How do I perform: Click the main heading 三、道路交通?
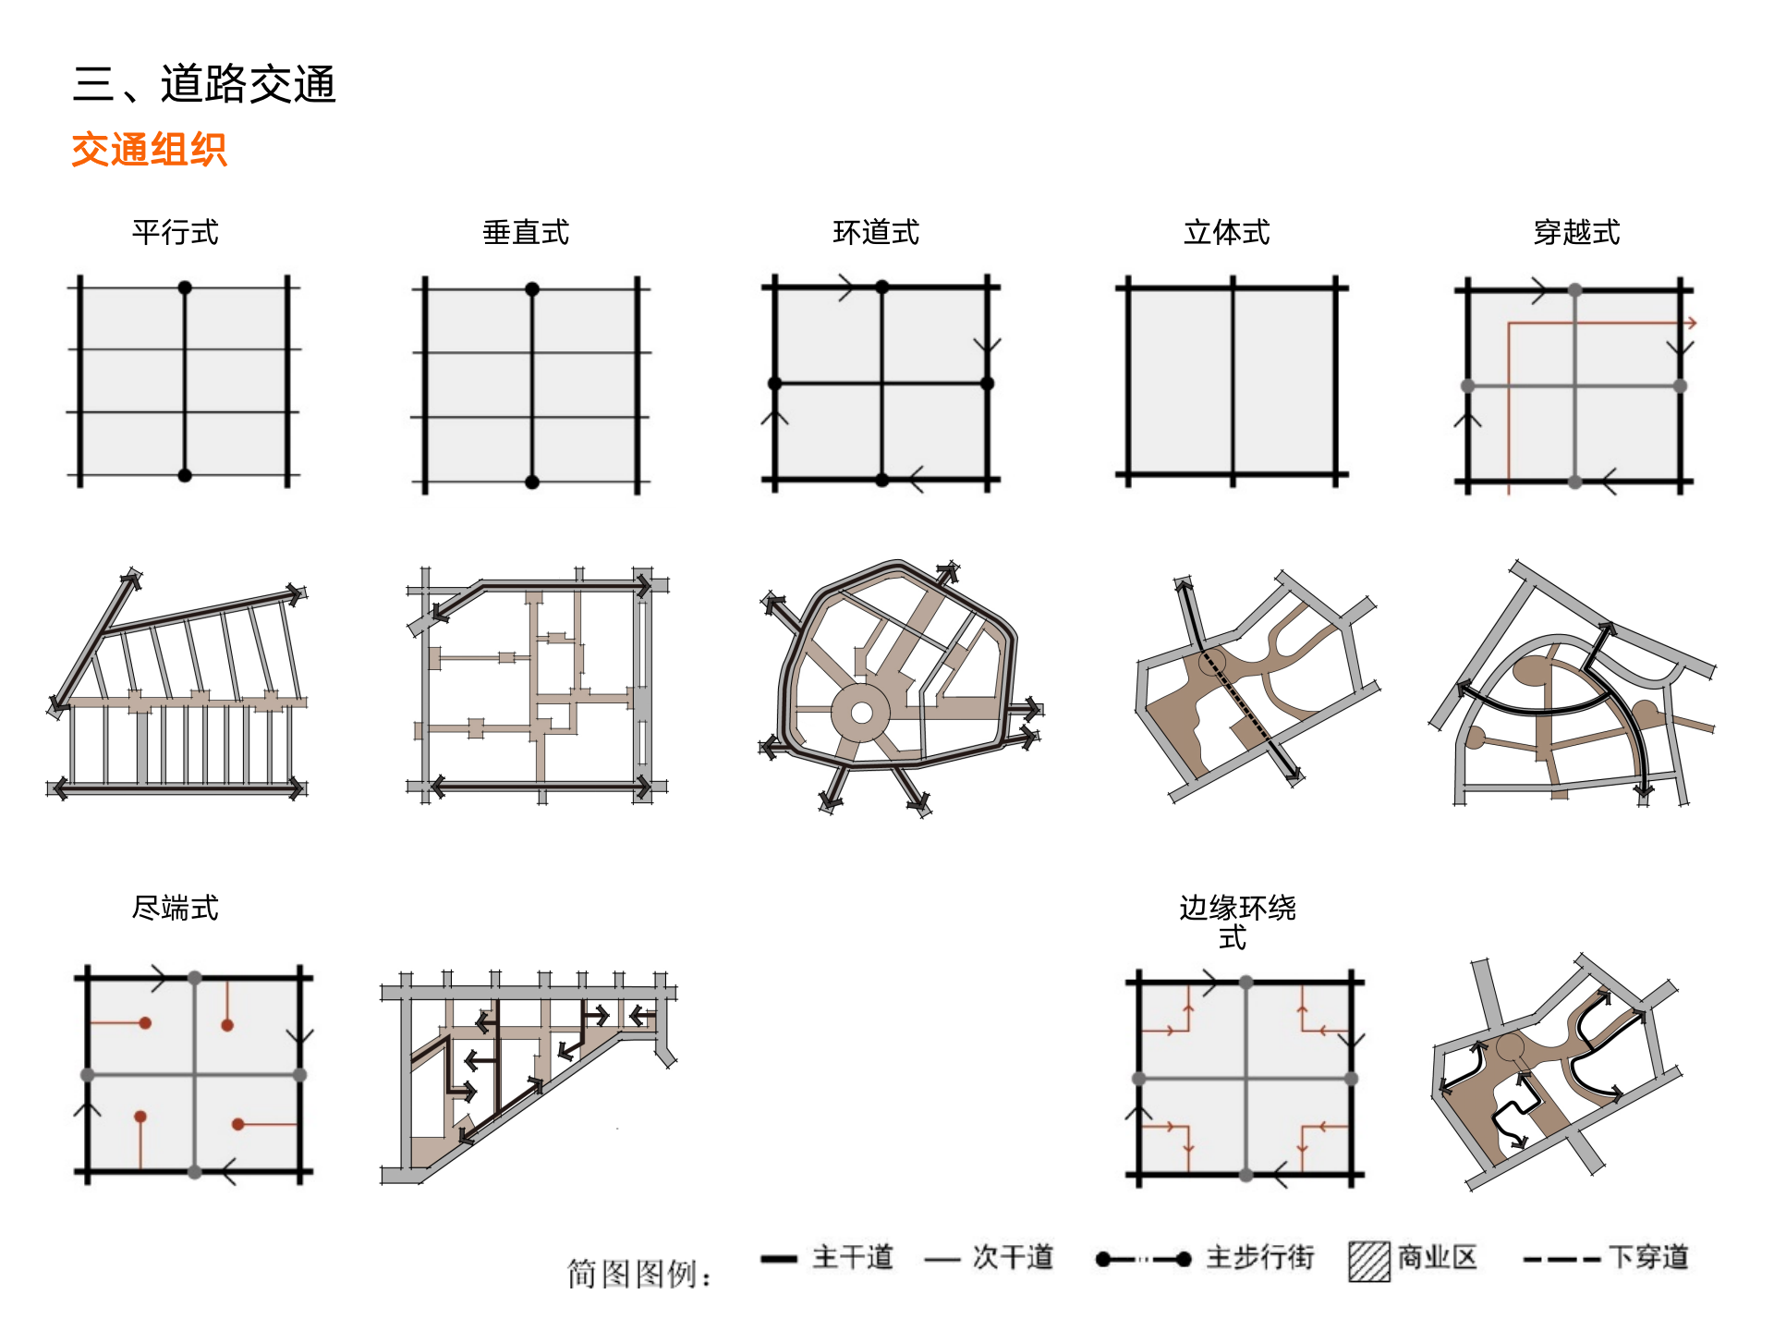click(x=204, y=84)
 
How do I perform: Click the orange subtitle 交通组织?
click(x=149, y=150)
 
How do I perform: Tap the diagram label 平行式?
click(x=176, y=232)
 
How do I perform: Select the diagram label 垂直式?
click(x=526, y=232)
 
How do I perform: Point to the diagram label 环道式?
click(x=876, y=232)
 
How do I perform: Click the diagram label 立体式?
click(x=1226, y=232)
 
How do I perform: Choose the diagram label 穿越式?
click(x=1576, y=232)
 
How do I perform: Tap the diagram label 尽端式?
click(x=176, y=908)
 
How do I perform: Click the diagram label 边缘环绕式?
click(x=1237, y=922)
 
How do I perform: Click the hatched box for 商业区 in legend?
click(x=1369, y=1261)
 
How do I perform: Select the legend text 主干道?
click(x=853, y=1257)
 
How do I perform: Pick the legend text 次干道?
click(x=1013, y=1257)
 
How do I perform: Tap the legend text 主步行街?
click(x=1260, y=1257)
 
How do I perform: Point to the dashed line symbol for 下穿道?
click(x=1561, y=1260)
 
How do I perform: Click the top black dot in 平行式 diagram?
click(x=185, y=287)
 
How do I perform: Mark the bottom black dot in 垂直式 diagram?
click(x=532, y=482)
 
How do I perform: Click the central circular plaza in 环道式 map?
click(x=861, y=713)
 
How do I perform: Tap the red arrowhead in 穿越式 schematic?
click(x=1691, y=324)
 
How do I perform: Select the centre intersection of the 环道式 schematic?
click(x=882, y=383)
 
